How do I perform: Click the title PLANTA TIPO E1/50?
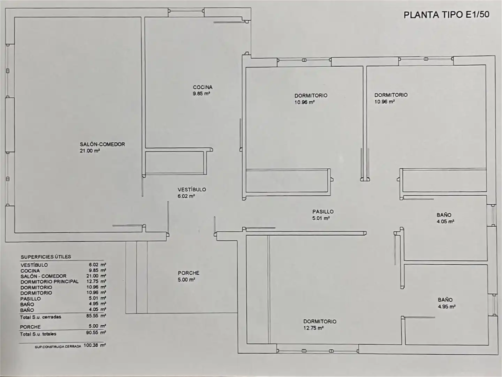coord(447,15)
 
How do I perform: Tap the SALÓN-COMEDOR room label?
coord(102,144)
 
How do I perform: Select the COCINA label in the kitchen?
coord(203,87)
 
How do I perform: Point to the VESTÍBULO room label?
coord(192,190)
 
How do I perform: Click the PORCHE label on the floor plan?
coord(189,273)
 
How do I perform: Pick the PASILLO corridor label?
coord(323,212)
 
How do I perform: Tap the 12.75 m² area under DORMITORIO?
coord(313,328)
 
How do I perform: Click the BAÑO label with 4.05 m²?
coord(444,215)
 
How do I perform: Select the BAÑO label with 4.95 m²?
coord(445,300)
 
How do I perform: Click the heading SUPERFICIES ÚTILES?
coord(46,257)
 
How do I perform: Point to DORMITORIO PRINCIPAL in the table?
coord(50,282)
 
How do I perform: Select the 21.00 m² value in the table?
coord(96,276)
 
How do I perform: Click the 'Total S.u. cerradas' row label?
coord(40,317)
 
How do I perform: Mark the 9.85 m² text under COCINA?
coord(201,94)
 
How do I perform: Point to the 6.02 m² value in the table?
coord(97,265)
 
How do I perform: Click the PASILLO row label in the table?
coord(30,299)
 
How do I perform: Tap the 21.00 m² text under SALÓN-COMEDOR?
coord(90,151)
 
